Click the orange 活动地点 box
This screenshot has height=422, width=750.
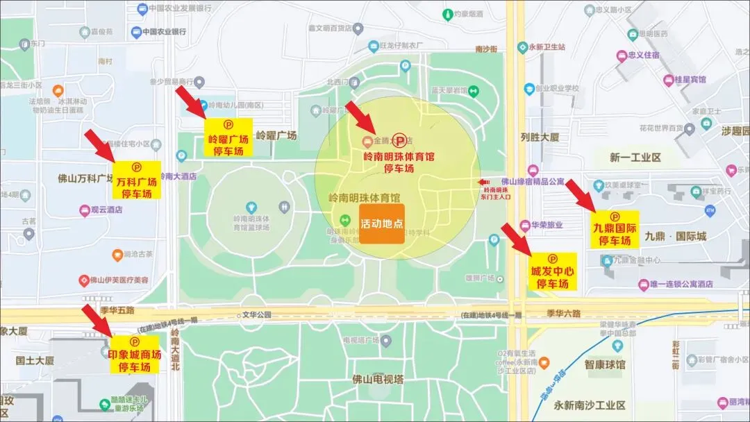pyautogui.click(x=381, y=223)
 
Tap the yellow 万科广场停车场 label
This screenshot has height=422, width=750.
pyautogui.click(x=137, y=180)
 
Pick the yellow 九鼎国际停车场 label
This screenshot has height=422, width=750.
pyautogui.click(x=615, y=232)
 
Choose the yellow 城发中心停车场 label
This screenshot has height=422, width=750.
pyautogui.click(x=553, y=271)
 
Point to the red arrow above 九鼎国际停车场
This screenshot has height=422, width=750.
pyautogui.click(x=580, y=194)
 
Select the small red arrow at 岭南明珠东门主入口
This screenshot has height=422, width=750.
pyautogui.click(x=483, y=182)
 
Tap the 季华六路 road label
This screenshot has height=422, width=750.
pyautogui.click(x=562, y=314)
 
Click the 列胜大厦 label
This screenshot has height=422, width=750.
pyautogui.click(x=540, y=137)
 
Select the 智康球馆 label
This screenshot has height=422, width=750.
pyautogui.click(x=604, y=364)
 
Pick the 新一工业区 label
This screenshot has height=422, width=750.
pyautogui.click(x=635, y=158)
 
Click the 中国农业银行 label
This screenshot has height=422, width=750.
pyautogui.click(x=164, y=32)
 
